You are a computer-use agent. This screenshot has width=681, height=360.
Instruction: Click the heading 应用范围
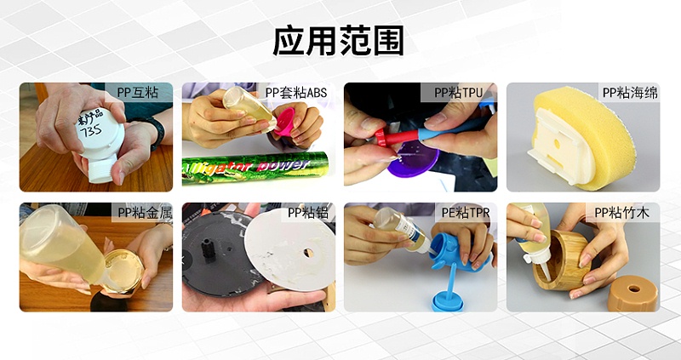coord(339,41)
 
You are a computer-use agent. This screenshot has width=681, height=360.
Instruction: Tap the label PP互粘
coord(139,93)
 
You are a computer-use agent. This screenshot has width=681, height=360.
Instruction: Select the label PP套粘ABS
coord(295,93)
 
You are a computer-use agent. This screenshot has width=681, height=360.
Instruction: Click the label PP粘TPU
coord(459,93)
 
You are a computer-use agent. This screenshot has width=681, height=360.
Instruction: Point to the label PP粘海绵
coord(629,93)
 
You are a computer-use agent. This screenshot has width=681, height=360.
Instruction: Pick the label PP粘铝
coord(306,213)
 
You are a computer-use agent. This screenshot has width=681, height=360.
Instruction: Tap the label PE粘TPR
coord(466,213)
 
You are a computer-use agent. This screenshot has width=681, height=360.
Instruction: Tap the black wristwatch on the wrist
coord(154,128)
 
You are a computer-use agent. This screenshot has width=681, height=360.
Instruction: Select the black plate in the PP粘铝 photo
coord(213,255)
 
